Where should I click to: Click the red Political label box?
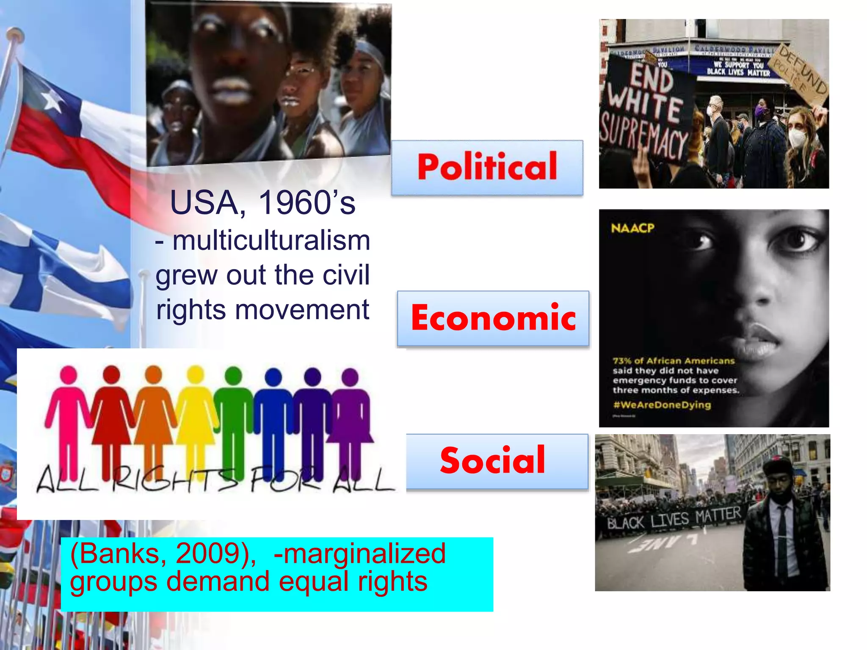click(487, 167)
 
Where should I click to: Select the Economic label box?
click(493, 318)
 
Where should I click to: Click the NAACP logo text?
click(632, 229)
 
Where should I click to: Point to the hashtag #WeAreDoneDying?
click(662, 405)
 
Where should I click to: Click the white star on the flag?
click(52, 101)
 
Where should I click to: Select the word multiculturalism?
click(271, 240)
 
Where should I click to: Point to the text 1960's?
click(306, 203)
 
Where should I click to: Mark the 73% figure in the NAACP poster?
click(622, 361)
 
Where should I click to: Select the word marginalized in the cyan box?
click(364, 553)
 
